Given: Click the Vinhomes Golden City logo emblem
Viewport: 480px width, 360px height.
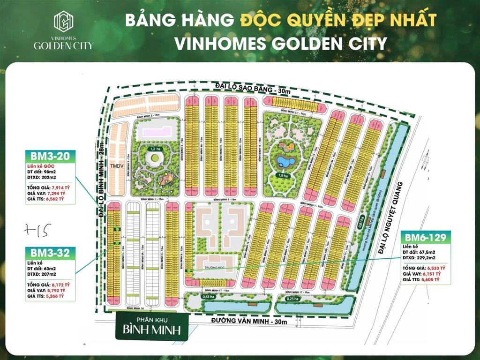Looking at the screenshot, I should tap(63, 21).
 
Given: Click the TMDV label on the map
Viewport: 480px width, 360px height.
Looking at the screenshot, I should tap(116, 165).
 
